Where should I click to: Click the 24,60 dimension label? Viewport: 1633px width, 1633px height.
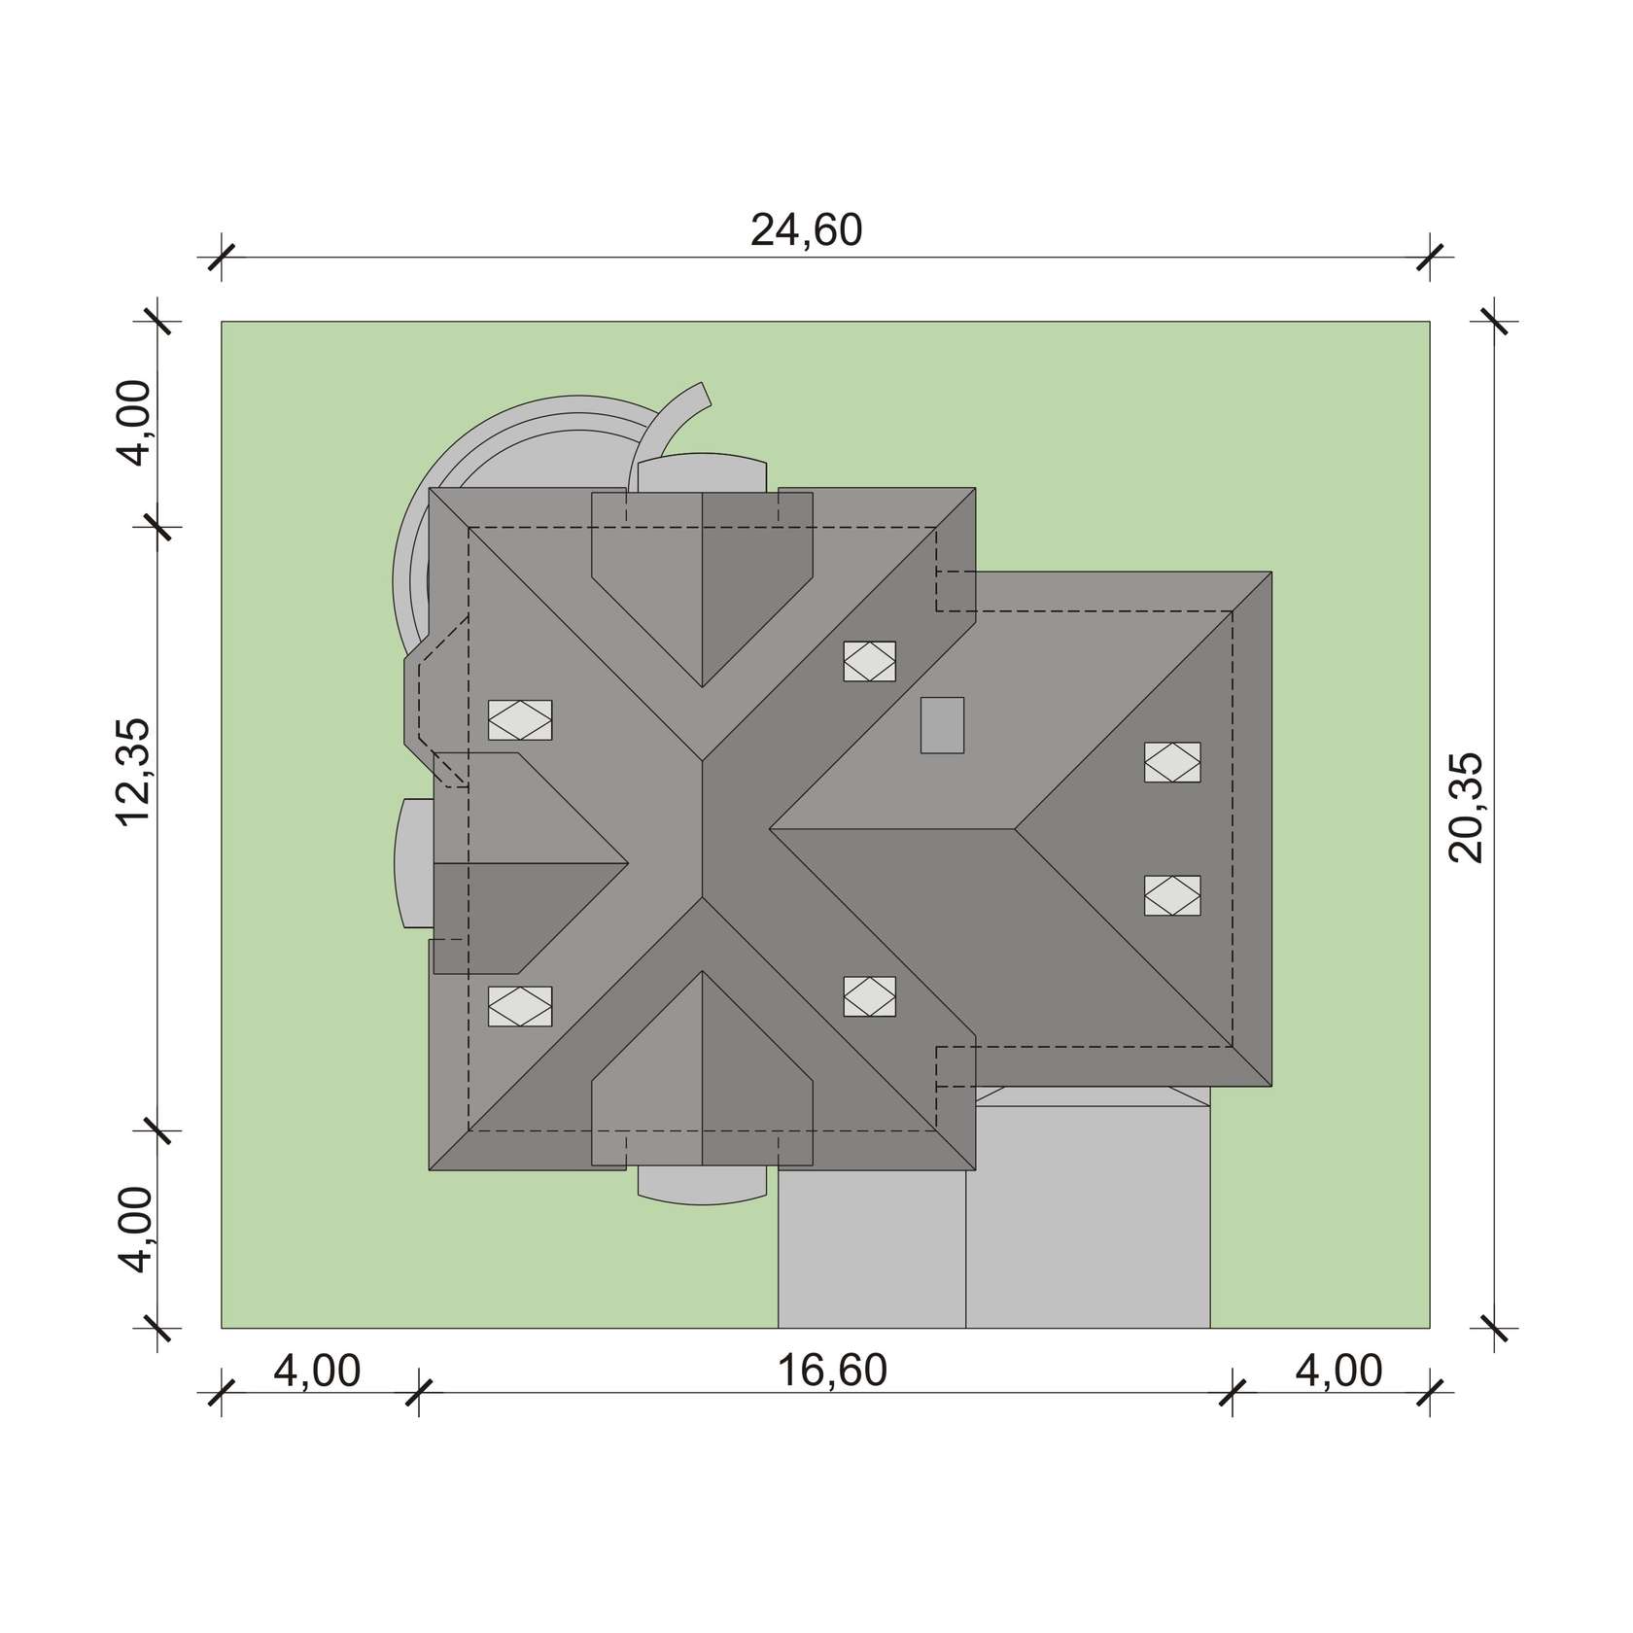pos(806,231)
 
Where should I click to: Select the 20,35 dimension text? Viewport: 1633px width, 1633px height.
pos(1467,808)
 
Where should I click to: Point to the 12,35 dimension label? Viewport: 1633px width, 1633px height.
pos(134,773)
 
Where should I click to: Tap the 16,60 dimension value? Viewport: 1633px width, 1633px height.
pos(832,1371)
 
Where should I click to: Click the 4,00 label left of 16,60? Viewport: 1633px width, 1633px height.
pos(317,1372)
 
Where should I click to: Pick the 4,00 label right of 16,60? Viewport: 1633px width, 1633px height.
pos(1338,1372)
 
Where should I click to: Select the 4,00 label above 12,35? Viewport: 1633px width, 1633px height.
pos(134,423)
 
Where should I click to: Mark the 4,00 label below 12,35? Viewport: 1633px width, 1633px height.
pos(134,1230)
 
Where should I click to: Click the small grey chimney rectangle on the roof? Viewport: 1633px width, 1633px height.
pos(943,725)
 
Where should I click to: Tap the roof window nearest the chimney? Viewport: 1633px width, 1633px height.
pos(870,662)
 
